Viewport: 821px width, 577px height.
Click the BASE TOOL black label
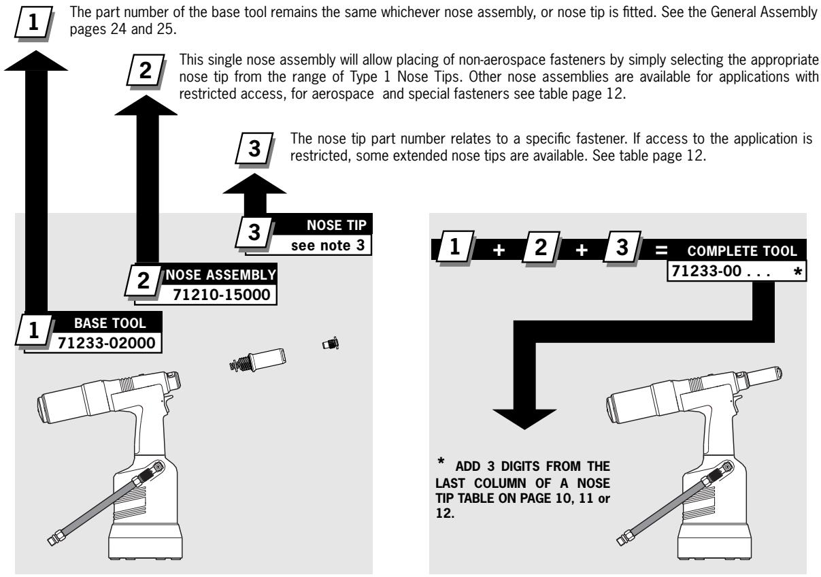click(x=103, y=327)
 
